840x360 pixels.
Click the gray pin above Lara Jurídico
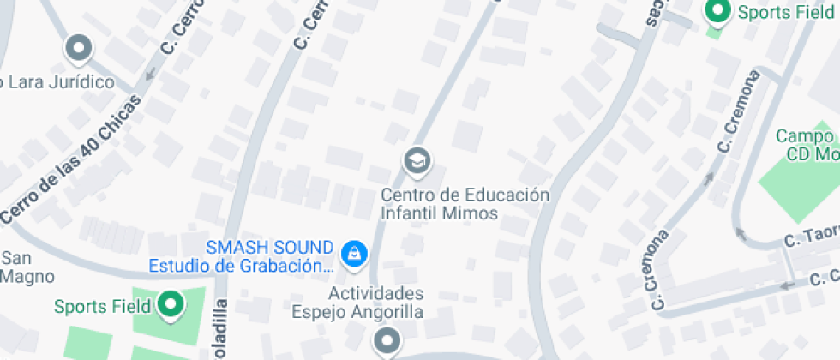click(x=79, y=48)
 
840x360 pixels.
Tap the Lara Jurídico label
click(x=58, y=82)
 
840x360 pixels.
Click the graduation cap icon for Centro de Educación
click(x=417, y=159)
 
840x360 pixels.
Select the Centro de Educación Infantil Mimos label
click(x=465, y=203)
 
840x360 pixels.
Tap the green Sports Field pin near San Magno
click(x=171, y=305)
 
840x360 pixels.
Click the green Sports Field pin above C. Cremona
click(x=716, y=12)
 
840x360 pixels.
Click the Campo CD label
click(x=805, y=145)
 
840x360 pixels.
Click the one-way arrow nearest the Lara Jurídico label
click(x=150, y=75)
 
